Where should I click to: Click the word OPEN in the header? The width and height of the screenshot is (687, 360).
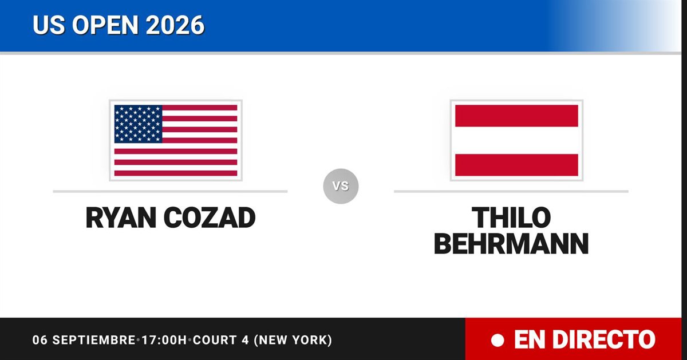(105, 25)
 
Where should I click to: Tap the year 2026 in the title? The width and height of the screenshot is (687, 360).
(175, 25)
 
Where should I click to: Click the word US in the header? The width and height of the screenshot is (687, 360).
(49, 25)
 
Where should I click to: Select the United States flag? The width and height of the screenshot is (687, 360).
(176, 140)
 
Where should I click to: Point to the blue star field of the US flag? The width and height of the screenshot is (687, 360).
(138, 124)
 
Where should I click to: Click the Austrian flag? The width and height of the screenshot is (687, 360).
(516, 140)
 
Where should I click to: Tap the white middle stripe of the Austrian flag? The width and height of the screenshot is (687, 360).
(516, 140)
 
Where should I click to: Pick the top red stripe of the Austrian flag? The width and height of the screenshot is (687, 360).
(516, 116)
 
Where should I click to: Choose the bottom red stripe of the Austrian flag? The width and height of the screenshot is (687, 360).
(516, 165)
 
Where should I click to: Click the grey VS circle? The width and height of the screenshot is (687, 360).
(341, 186)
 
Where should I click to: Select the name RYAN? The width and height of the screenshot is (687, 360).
(121, 217)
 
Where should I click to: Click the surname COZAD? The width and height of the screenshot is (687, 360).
(210, 217)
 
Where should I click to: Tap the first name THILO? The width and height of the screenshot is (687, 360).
(511, 217)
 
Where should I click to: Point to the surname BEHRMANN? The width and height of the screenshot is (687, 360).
(511, 244)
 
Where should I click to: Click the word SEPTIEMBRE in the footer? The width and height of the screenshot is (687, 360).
(94, 340)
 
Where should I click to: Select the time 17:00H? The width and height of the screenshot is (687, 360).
(164, 340)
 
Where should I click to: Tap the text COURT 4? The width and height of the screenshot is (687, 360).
(221, 340)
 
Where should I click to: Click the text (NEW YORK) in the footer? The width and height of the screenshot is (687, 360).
(293, 340)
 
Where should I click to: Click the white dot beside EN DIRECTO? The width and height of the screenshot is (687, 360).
(498, 341)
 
